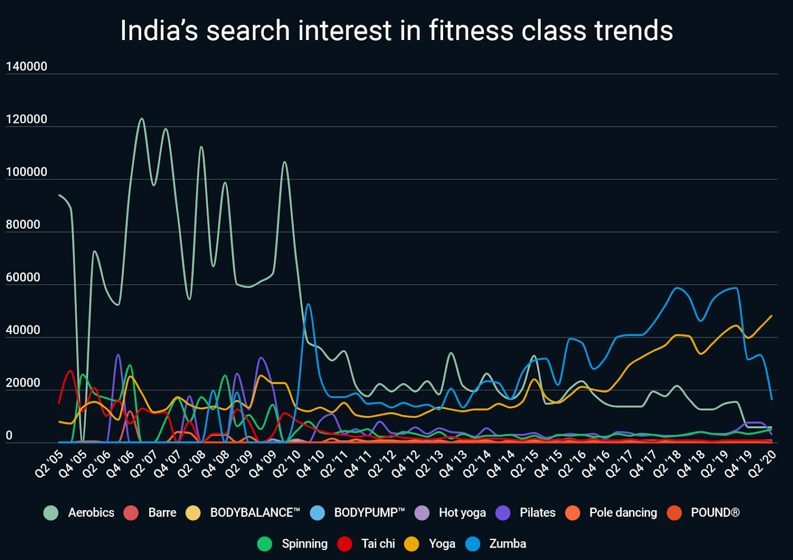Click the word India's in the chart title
coord(159,31)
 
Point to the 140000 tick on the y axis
coord(26,66)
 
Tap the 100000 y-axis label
coord(26,172)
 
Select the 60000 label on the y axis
coord(23,277)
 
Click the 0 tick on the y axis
coord(9,435)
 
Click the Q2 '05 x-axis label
coord(49,463)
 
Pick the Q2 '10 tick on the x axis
coord(287,463)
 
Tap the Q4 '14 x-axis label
coord(501,463)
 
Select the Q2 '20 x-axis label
coord(762,463)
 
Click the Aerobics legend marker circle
coord(51,513)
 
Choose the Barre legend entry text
coord(162,512)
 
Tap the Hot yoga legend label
coord(462,512)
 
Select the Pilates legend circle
coord(503,513)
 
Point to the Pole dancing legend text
coord(623,512)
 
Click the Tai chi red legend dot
coord(344,544)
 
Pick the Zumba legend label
coord(508,544)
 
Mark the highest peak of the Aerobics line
coord(142,119)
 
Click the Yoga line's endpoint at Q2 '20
coord(772,316)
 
